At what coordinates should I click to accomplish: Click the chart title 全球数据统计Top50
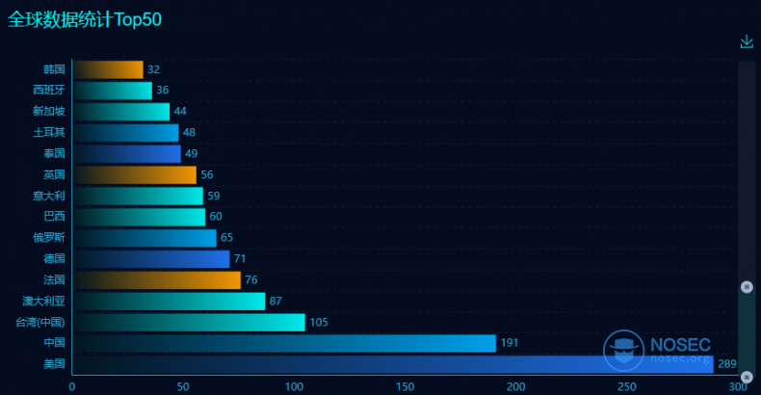pyautogui.click(x=85, y=19)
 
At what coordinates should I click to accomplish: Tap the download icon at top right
pyautogui.click(x=747, y=41)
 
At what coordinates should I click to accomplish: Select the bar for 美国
pyautogui.click(x=392, y=364)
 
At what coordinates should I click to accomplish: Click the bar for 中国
pyautogui.click(x=283, y=343)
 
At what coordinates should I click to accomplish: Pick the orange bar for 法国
pyautogui.click(x=156, y=280)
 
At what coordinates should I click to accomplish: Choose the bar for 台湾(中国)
pyautogui.click(x=188, y=322)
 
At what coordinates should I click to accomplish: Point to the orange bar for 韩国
pyautogui.click(x=107, y=69)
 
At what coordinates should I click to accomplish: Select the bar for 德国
pyautogui.click(x=150, y=259)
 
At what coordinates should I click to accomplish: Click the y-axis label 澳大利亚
pyautogui.click(x=44, y=302)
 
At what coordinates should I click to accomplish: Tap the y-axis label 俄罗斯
pyautogui.click(x=49, y=238)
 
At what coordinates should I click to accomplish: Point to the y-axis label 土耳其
pyautogui.click(x=49, y=133)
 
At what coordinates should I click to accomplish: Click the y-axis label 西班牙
pyautogui.click(x=49, y=91)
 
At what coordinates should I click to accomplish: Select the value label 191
pyautogui.click(x=510, y=343)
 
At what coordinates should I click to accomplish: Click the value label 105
pyautogui.click(x=319, y=322)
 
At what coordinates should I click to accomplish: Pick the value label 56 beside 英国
pyautogui.click(x=207, y=175)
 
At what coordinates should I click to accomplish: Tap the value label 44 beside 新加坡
pyautogui.click(x=180, y=112)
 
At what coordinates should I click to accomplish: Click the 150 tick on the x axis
pyautogui.click(x=405, y=386)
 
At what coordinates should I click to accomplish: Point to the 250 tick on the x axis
pyautogui.click(x=627, y=386)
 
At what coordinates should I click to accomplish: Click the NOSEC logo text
pyautogui.click(x=680, y=344)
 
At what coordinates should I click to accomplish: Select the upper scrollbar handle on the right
pyautogui.click(x=747, y=286)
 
